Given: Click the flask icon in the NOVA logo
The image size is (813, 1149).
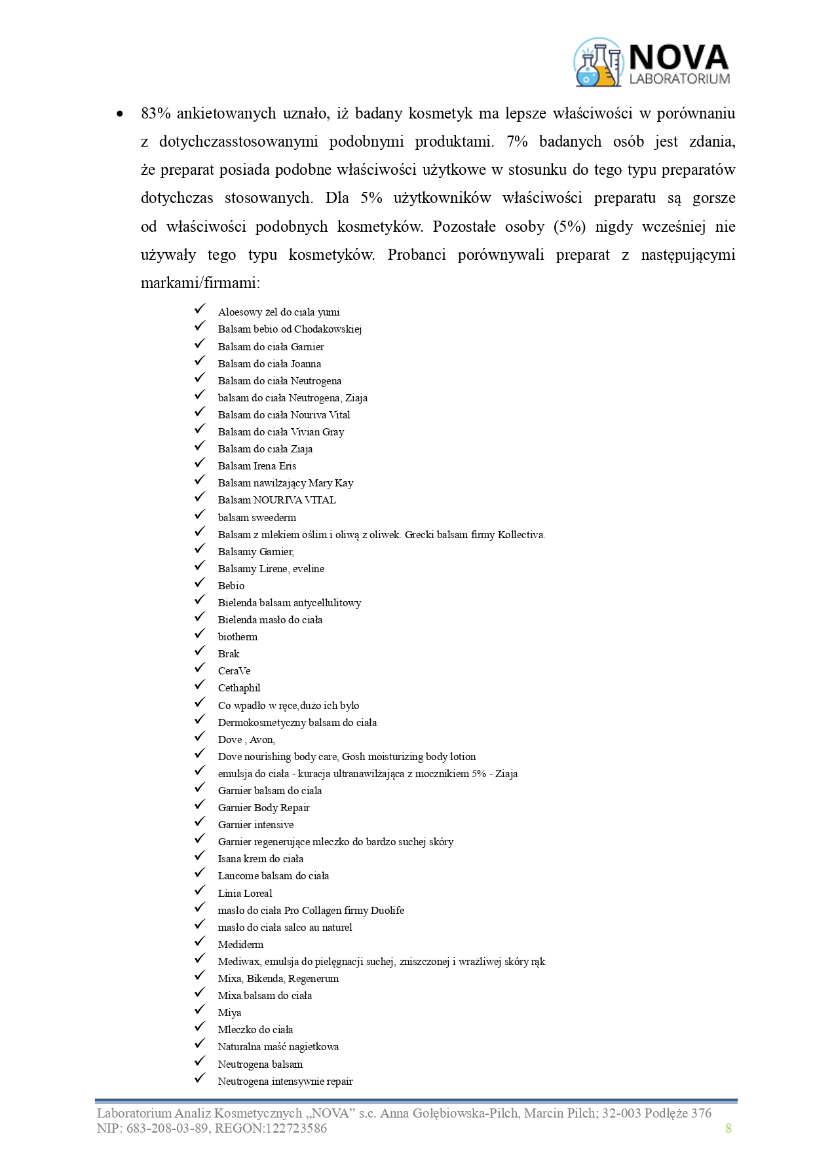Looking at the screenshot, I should pyautogui.click(x=597, y=63).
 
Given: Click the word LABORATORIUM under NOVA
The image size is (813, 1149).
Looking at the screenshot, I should pyautogui.click(x=679, y=79).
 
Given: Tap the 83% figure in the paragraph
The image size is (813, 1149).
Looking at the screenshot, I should pyautogui.click(x=156, y=113).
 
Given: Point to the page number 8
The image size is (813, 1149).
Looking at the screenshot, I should pyautogui.click(x=728, y=1127).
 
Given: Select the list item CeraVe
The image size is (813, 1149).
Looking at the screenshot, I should pyautogui.click(x=234, y=670).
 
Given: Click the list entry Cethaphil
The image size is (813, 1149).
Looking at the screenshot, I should pyautogui.click(x=239, y=687).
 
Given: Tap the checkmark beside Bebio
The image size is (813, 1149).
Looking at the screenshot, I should pyautogui.click(x=200, y=584).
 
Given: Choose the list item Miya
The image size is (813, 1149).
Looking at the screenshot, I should pyautogui.click(x=229, y=1012).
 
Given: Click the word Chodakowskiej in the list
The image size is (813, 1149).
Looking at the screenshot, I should pyautogui.click(x=328, y=329).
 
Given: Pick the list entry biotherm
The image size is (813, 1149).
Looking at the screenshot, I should pyautogui.click(x=237, y=636).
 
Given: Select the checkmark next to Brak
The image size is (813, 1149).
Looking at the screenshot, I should pyautogui.click(x=200, y=652).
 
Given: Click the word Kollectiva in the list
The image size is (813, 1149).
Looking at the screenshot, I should pyautogui.click(x=521, y=534).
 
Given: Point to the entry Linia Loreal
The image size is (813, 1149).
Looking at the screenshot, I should pyautogui.click(x=244, y=893).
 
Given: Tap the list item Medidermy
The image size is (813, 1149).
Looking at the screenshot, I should pyautogui.click(x=240, y=944).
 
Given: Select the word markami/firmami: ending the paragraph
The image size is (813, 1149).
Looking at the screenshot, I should pyautogui.click(x=200, y=283).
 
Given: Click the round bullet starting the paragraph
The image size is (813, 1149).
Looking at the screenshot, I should pyautogui.click(x=119, y=114).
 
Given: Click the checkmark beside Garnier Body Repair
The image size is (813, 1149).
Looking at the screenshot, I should pyautogui.click(x=200, y=806).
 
